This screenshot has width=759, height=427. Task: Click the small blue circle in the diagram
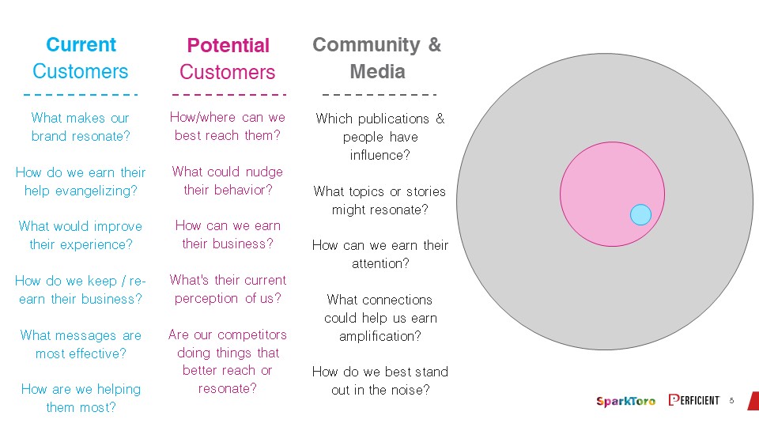640,214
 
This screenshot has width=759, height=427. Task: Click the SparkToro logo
625,401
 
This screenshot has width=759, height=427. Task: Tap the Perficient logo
693,400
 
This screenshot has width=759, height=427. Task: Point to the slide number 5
731,400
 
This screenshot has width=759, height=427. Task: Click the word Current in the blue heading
81,44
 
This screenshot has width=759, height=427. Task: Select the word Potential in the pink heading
228,46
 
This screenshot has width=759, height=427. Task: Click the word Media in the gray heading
378,71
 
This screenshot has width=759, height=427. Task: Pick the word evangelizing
96,191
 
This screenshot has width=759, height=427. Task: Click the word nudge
264,172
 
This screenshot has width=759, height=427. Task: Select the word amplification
380,337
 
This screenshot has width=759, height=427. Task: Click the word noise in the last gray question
409,390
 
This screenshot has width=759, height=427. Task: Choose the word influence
380,155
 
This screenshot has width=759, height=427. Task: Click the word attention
380,264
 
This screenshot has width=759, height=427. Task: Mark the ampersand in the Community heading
435,44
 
